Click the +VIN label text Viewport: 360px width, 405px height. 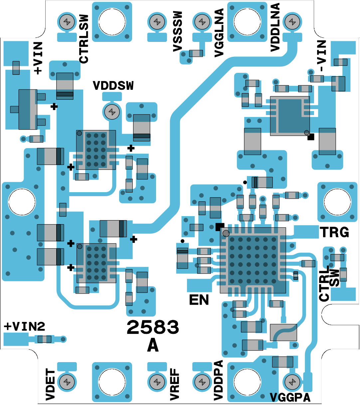point(38,58)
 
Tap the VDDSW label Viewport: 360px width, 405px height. point(113,86)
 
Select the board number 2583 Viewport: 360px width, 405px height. point(153,328)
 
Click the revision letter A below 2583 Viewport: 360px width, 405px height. point(153,346)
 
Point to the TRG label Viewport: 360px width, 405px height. point(334,232)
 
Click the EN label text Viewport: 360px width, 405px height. point(199,300)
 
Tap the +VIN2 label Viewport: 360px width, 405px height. point(24,327)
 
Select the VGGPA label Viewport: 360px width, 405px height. point(290,397)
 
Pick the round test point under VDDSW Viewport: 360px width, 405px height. point(112,112)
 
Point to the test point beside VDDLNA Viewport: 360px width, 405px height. point(292,22)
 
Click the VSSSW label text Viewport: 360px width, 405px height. point(178,32)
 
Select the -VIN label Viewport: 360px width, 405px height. point(321,56)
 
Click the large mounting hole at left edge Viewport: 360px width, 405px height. point(22,202)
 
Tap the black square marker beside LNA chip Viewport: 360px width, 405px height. point(311,137)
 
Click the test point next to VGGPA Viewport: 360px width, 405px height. point(292,382)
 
